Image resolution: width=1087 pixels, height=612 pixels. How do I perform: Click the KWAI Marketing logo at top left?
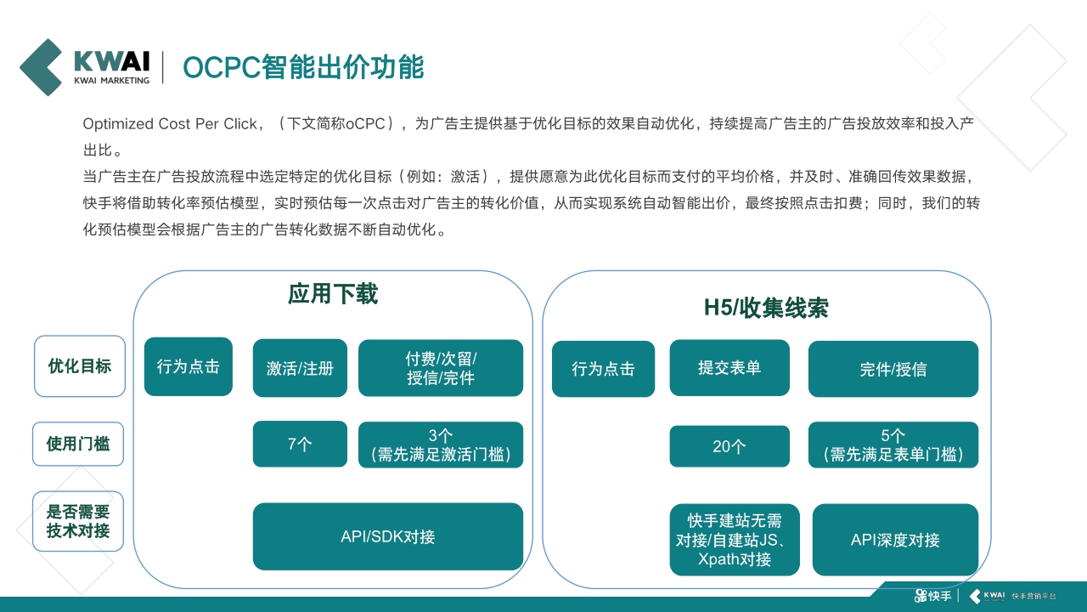tap(85, 66)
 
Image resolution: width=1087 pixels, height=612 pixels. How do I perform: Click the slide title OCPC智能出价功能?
tap(303, 67)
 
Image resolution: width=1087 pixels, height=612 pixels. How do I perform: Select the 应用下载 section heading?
tap(333, 294)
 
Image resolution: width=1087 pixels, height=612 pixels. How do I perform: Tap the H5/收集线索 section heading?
tap(766, 308)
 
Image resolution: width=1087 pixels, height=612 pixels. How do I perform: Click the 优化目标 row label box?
tap(80, 366)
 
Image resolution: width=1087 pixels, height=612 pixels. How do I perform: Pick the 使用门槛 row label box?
tap(78, 444)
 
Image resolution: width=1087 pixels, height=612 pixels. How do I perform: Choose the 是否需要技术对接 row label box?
tap(78, 521)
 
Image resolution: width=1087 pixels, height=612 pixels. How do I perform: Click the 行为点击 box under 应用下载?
tap(189, 366)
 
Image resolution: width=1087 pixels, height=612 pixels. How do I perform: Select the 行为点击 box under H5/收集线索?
tap(603, 369)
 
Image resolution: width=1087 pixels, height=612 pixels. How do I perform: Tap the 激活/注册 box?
tap(300, 368)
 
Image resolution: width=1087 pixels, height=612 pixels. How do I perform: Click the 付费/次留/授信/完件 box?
tap(441, 368)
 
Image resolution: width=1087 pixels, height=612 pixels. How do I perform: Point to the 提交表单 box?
tap(729, 368)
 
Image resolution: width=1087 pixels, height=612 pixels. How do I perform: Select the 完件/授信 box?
tap(893, 369)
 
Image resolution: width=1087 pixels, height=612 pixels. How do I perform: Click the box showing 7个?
tap(300, 444)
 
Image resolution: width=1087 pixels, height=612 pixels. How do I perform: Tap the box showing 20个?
tap(729, 446)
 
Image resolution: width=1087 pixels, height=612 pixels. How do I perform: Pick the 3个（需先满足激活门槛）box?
tap(441, 445)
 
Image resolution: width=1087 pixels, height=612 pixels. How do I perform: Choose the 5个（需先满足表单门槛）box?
tap(893, 445)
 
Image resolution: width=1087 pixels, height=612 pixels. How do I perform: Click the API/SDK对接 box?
tap(388, 536)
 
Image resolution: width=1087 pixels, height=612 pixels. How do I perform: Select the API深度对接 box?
tap(895, 540)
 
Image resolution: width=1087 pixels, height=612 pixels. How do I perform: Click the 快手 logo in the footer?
tap(932, 596)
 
